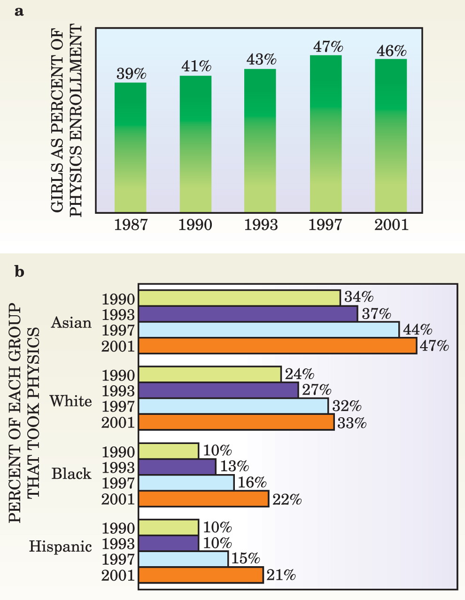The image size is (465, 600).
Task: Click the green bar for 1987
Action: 131,148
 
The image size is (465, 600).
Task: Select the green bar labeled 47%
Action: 325,133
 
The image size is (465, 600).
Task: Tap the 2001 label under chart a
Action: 391,225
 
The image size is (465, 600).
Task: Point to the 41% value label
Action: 196,66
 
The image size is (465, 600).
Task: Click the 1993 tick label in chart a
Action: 261,225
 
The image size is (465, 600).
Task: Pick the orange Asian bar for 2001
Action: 278,346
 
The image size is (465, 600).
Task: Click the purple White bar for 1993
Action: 218,390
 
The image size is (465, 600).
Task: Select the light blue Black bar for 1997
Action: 186,483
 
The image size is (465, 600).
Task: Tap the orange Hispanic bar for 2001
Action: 201,576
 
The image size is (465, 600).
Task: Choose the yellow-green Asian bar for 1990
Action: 239,298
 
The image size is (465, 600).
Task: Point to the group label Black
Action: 71,474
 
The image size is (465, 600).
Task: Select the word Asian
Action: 71,322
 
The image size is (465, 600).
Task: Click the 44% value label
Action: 418,329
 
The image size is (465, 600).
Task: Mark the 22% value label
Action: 287,499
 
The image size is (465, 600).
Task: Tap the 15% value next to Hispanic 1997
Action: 245,558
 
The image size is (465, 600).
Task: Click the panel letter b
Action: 19,272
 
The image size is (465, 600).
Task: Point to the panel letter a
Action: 19,12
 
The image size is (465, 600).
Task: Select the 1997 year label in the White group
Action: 118,406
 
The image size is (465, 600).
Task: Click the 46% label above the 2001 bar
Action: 391,51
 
